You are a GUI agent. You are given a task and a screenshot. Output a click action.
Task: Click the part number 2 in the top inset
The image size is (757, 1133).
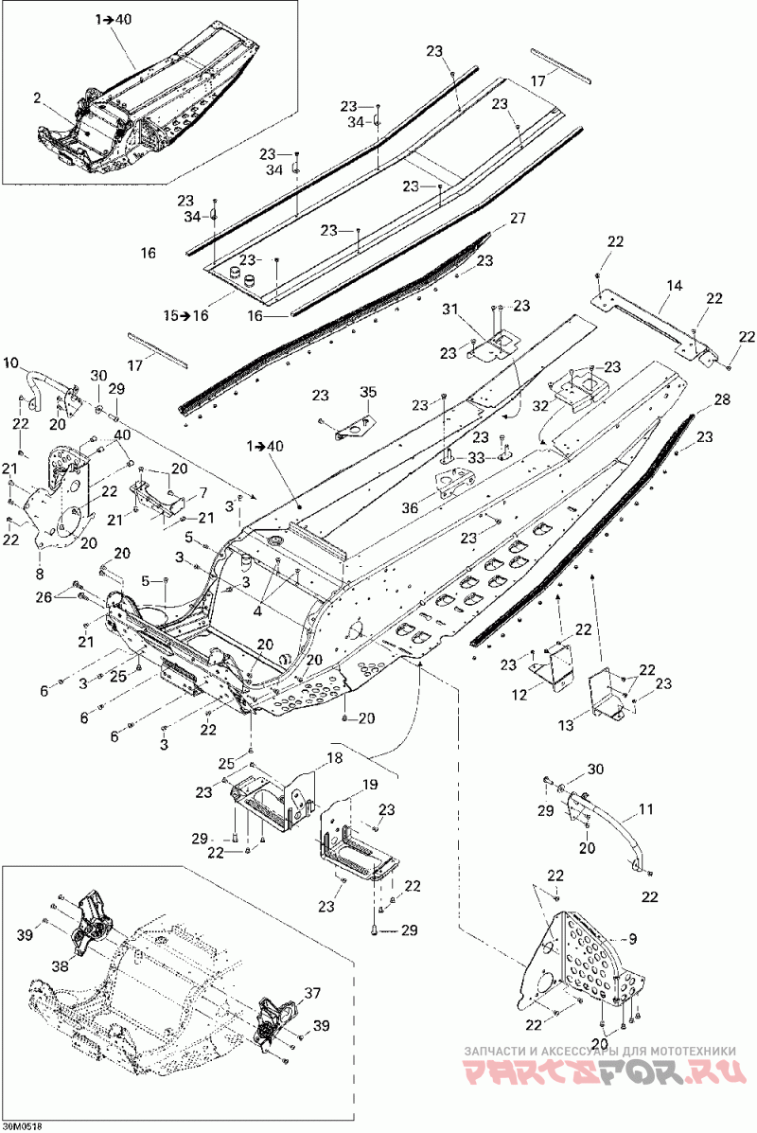coord(37,96)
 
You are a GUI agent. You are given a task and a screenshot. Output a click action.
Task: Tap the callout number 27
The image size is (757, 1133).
coord(518,219)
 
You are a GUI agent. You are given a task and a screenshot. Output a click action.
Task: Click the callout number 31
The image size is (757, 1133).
coord(450,310)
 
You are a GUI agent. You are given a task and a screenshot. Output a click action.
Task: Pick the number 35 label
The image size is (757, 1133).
coord(368,393)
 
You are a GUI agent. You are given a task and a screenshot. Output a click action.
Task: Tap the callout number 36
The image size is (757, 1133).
coord(411,508)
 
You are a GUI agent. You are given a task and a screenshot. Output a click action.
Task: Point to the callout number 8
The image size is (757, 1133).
coord(39,575)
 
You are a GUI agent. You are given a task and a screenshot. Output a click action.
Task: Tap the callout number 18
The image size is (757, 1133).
coord(334,758)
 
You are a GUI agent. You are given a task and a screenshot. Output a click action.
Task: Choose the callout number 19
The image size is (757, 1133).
coord(370,785)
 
